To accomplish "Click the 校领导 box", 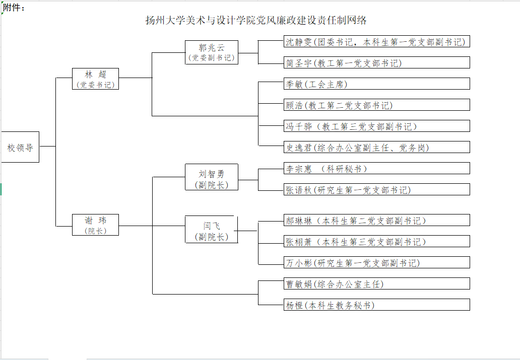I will [x=20, y=147].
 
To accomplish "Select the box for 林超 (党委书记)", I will [x=95, y=79].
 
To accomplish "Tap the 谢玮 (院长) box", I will [x=95, y=225].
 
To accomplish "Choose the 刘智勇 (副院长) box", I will [x=212, y=179].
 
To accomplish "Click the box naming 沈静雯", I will [x=376, y=42].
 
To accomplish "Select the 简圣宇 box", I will [x=376, y=63].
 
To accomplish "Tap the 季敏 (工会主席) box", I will [x=376, y=84].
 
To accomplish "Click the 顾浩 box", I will [x=376, y=105].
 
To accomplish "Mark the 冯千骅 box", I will [x=376, y=126].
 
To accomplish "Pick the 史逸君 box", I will [x=376, y=148].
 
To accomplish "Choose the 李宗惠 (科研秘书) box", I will [x=376, y=169].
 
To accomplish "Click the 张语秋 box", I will [x=376, y=190].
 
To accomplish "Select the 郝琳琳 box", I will [x=376, y=221].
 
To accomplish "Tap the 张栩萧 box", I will [x=376, y=242].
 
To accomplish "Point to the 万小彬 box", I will [x=376, y=263].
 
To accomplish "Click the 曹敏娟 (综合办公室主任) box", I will [x=376, y=284].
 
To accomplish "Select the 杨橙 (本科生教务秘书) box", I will [x=376, y=305].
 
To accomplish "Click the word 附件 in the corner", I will [x=13, y=8].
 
